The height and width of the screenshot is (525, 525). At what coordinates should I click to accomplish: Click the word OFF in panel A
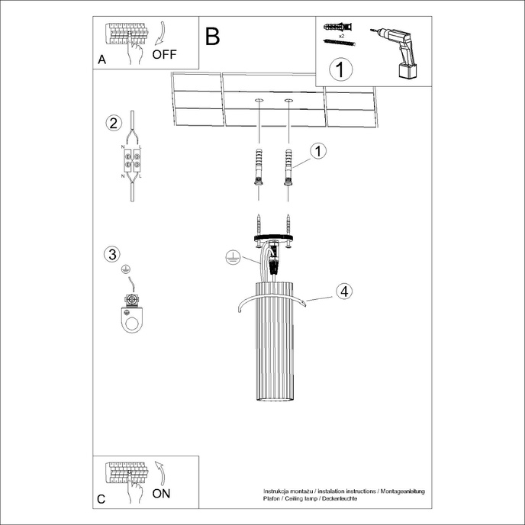point(165,54)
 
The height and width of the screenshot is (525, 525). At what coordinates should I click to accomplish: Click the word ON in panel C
point(162,493)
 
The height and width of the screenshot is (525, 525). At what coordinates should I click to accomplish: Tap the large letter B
point(212,36)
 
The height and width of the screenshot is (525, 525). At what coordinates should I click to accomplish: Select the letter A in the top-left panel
point(101,60)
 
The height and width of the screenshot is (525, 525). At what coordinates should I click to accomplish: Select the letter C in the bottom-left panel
point(101,499)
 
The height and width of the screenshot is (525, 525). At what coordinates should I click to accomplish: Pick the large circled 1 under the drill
point(341,69)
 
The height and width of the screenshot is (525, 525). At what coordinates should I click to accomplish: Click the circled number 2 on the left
point(113,124)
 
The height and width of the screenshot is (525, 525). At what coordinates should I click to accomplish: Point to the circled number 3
point(113,254)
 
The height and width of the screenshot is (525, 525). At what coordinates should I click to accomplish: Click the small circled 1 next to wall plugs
point(319,150)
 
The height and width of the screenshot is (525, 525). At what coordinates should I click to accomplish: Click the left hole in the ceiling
point(259,100)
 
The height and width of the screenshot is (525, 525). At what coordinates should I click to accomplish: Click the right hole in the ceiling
point(289,100)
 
